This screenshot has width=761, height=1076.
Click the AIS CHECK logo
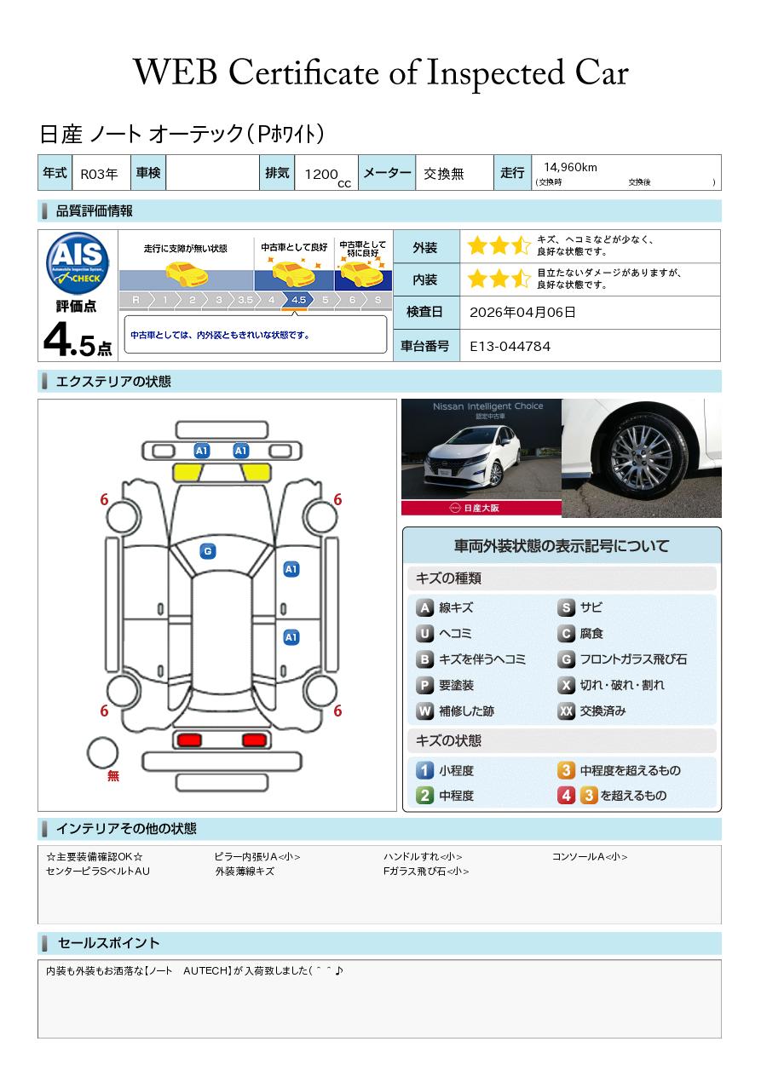click(x=78, y=262)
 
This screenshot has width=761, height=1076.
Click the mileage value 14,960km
click(x=570, y=167)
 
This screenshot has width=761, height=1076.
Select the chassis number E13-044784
click(x=510, y=347)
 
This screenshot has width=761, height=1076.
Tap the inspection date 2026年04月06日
click(x=522, y=312)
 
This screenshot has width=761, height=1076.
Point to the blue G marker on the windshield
click(x=208, y=551)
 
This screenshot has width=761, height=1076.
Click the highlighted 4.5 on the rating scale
click(x=298, y=300)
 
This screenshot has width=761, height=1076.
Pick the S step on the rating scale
click(x=378, y=300)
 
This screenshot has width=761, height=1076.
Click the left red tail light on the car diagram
click(x=189, y=740)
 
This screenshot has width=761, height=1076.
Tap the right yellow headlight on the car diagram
click(x=256, y=473)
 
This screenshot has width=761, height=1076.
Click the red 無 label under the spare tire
click(x=112, y=775)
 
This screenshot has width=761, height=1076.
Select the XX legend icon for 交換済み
click(x=566, y=711)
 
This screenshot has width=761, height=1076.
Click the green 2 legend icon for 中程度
click(x=424, y=796)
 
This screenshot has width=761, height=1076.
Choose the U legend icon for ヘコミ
click(x=424, y=634)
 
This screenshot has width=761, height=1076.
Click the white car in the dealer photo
click(x=472, y=457)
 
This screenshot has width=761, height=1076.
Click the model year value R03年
click(x=99, y=174)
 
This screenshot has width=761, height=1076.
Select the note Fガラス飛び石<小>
click(x=426, y=871)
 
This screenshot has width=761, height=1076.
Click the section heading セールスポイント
click(x=108, y=943)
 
